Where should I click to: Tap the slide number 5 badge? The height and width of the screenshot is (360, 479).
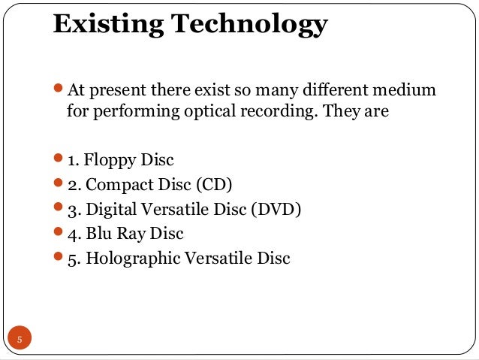pos(20,339)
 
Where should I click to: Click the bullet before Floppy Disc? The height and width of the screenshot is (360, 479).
pos(59,159)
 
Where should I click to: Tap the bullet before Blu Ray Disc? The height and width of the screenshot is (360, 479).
pos(59,234)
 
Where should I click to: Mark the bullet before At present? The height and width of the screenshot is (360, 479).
pos(59,91)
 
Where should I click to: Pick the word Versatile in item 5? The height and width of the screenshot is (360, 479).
pos(218,259)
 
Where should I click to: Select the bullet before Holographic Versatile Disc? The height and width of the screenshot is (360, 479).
pos(59,259)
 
